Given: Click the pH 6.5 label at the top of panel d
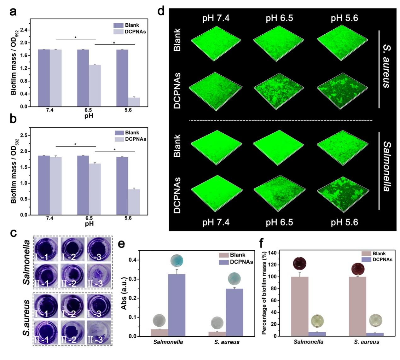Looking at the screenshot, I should [279, 18].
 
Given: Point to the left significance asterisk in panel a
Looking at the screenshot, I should [76, 38].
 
